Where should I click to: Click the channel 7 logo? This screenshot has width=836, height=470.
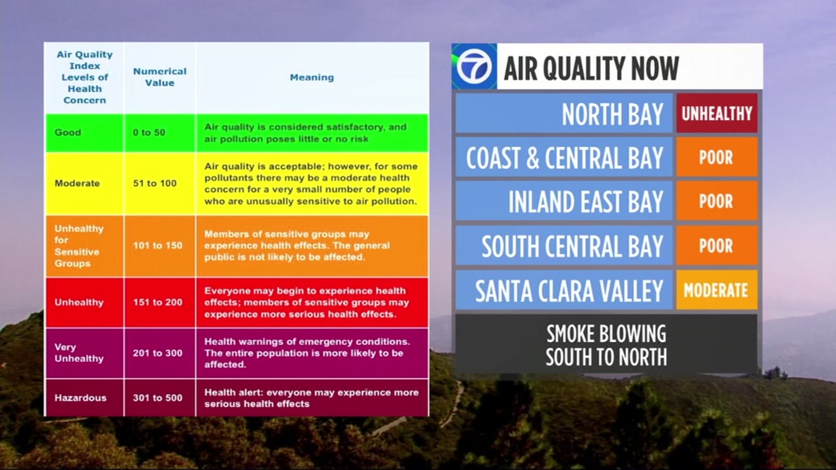point(474,66)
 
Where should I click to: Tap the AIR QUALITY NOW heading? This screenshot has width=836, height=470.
point(591,68)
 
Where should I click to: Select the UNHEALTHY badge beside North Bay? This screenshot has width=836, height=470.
point(717,113)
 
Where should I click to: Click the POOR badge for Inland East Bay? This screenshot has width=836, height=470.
point(717,201)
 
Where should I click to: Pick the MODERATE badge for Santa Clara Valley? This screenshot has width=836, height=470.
point(717,290)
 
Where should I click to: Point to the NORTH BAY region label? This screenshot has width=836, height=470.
point(612,114)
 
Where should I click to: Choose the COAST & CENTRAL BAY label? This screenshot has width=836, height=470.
point(565,158)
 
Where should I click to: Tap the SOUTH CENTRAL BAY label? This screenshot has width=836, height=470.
point(573,246)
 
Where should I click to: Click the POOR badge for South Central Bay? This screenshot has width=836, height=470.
point(717,245)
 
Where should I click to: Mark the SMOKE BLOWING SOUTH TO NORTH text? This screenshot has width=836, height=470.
point(606,345)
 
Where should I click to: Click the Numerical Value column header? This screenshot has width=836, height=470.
point(160,77)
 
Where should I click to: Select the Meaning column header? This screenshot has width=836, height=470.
point(312,77)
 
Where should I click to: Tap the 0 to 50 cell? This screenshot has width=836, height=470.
point(149,133)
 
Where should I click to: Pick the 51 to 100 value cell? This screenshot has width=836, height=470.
point(155,183)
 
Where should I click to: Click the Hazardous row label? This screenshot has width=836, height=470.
point(80,397)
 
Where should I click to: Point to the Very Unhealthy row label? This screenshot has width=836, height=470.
point(79,352)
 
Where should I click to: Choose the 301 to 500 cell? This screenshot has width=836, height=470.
point(157,397)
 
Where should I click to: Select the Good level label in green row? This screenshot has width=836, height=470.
point(67,133)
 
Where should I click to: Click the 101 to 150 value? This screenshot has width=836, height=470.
point(157,245)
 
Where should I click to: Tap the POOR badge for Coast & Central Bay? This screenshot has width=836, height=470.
point(717,157)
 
